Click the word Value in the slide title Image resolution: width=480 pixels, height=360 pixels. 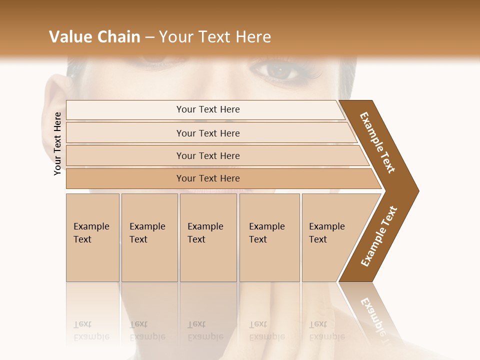[x=70, y=37]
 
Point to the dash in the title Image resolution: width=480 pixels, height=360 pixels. [x=149, y=37]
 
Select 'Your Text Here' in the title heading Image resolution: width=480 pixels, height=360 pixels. [x=215, y=37]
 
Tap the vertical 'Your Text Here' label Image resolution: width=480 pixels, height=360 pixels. [x=57, y=143]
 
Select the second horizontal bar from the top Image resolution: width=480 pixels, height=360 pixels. [x=208, y=133]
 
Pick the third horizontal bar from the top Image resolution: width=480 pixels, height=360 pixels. [x=208, y=155]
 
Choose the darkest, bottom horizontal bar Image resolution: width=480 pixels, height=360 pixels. [x=208, y=178]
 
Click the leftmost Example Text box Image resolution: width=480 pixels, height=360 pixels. [x=92, y=237]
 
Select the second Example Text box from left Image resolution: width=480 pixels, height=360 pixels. [x=149, y=237]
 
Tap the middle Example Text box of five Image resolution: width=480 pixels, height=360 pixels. [x=208, y=237]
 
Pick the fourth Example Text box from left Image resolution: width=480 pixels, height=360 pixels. [x=269, y=237]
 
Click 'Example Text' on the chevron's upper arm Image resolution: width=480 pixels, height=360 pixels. [x=377, y=142]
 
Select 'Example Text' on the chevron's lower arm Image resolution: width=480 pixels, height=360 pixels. [x=379, y=236]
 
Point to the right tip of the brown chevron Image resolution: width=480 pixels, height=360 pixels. [x=417, y=190]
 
